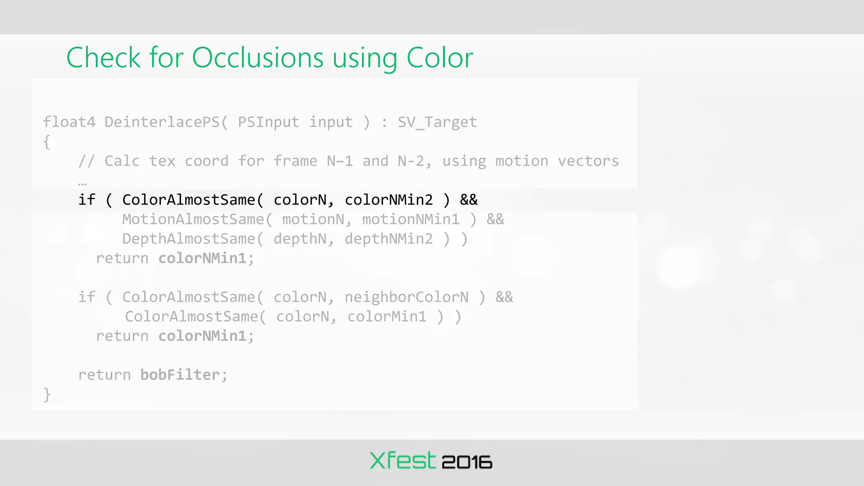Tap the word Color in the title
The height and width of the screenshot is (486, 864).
[439, 58]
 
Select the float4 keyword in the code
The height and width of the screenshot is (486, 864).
[69, 122]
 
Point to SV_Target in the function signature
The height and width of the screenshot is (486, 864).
[437, 122]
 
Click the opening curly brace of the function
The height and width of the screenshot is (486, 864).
[47, 142]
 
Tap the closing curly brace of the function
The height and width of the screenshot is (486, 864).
[47, 394]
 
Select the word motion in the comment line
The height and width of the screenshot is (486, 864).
[521, 161]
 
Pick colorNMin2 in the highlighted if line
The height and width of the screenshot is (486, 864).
[389, 200]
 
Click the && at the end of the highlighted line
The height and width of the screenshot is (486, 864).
[469, 200]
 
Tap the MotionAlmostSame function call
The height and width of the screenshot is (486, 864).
[193, 219]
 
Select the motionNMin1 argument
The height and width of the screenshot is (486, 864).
[410, 219]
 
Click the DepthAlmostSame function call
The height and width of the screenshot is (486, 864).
[189, 239]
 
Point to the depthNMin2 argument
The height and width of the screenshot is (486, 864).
[389, 239]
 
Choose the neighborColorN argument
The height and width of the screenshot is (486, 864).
[406, 297]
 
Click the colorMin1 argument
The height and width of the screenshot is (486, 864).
[387, 316]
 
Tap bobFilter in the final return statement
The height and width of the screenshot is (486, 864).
[180, 375]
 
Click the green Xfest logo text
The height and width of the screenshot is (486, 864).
[402, 460]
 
